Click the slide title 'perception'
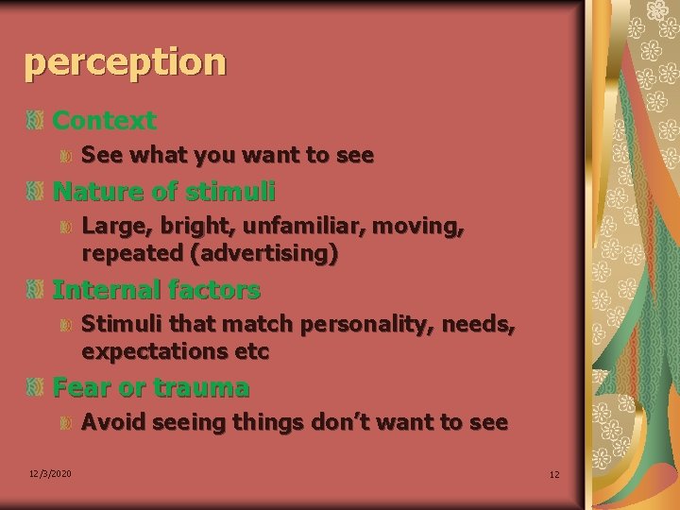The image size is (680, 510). point(126,62)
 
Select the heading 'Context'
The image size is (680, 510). point(104,121)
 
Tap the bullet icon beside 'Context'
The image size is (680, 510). point(35,121)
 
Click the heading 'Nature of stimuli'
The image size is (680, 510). point(163,193)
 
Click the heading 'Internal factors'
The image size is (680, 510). point(156,290)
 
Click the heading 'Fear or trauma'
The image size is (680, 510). point(151,388)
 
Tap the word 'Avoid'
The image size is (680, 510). point(112,422)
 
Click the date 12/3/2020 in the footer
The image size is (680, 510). point(49,473)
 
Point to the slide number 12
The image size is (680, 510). point(554,474)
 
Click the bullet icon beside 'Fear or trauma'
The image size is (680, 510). point(35,388)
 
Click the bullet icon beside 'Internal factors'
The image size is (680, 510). point(35,290)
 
